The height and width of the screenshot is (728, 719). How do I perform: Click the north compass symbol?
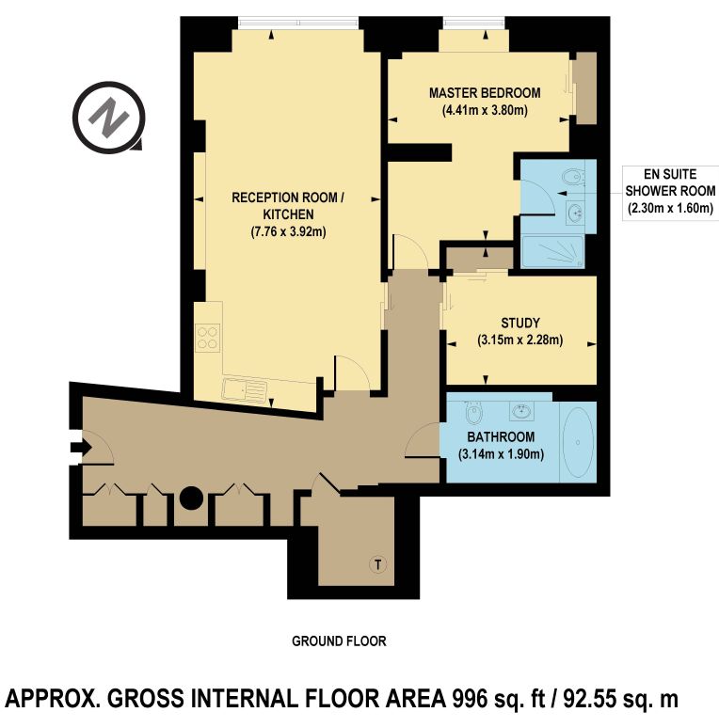pyautogui.click(x=109, y=117)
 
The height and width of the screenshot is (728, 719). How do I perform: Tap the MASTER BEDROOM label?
pyautogui.click(x=485, y=93)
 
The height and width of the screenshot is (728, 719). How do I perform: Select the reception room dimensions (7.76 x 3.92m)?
pyautogui.click(x=288, y=231)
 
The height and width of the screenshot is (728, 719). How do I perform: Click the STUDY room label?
pyautogui.click(x=520, y=323)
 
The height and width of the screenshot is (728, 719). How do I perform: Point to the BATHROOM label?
pyautogui.click(x=501, y=436)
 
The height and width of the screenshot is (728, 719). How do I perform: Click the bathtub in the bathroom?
pyautogui.click(x=578, y=442)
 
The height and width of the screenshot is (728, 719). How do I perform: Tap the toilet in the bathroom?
pyautogui.click(x=472, y=411)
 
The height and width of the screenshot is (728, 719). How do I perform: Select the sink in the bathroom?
pyautogui.click(x=521, y=410)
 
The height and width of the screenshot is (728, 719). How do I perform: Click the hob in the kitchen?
pyautogui.click(x=208, y=338)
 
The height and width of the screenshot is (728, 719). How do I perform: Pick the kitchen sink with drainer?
pyautogui.click(x=245, y=390)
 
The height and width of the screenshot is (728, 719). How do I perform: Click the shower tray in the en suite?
pyautogui.click(x=552, y=252)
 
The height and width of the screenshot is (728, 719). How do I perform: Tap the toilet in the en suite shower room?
pyautogui.click(x=572, y=177)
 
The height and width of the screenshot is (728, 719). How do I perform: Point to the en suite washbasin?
pyautogui.click(x=575, y=214)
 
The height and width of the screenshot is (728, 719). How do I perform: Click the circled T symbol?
pyautogui.click(x=378, y=565)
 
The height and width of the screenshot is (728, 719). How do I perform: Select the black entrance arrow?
pyautogui.click(x=81, y=448)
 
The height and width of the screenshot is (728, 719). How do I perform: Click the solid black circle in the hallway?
pyautogui.click(x=191, y=499)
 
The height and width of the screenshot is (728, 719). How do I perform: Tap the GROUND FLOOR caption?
pyautogui.click(x=339, y=641)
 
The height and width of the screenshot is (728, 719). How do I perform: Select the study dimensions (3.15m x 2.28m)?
pyautogui.click(x=520, y=340)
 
